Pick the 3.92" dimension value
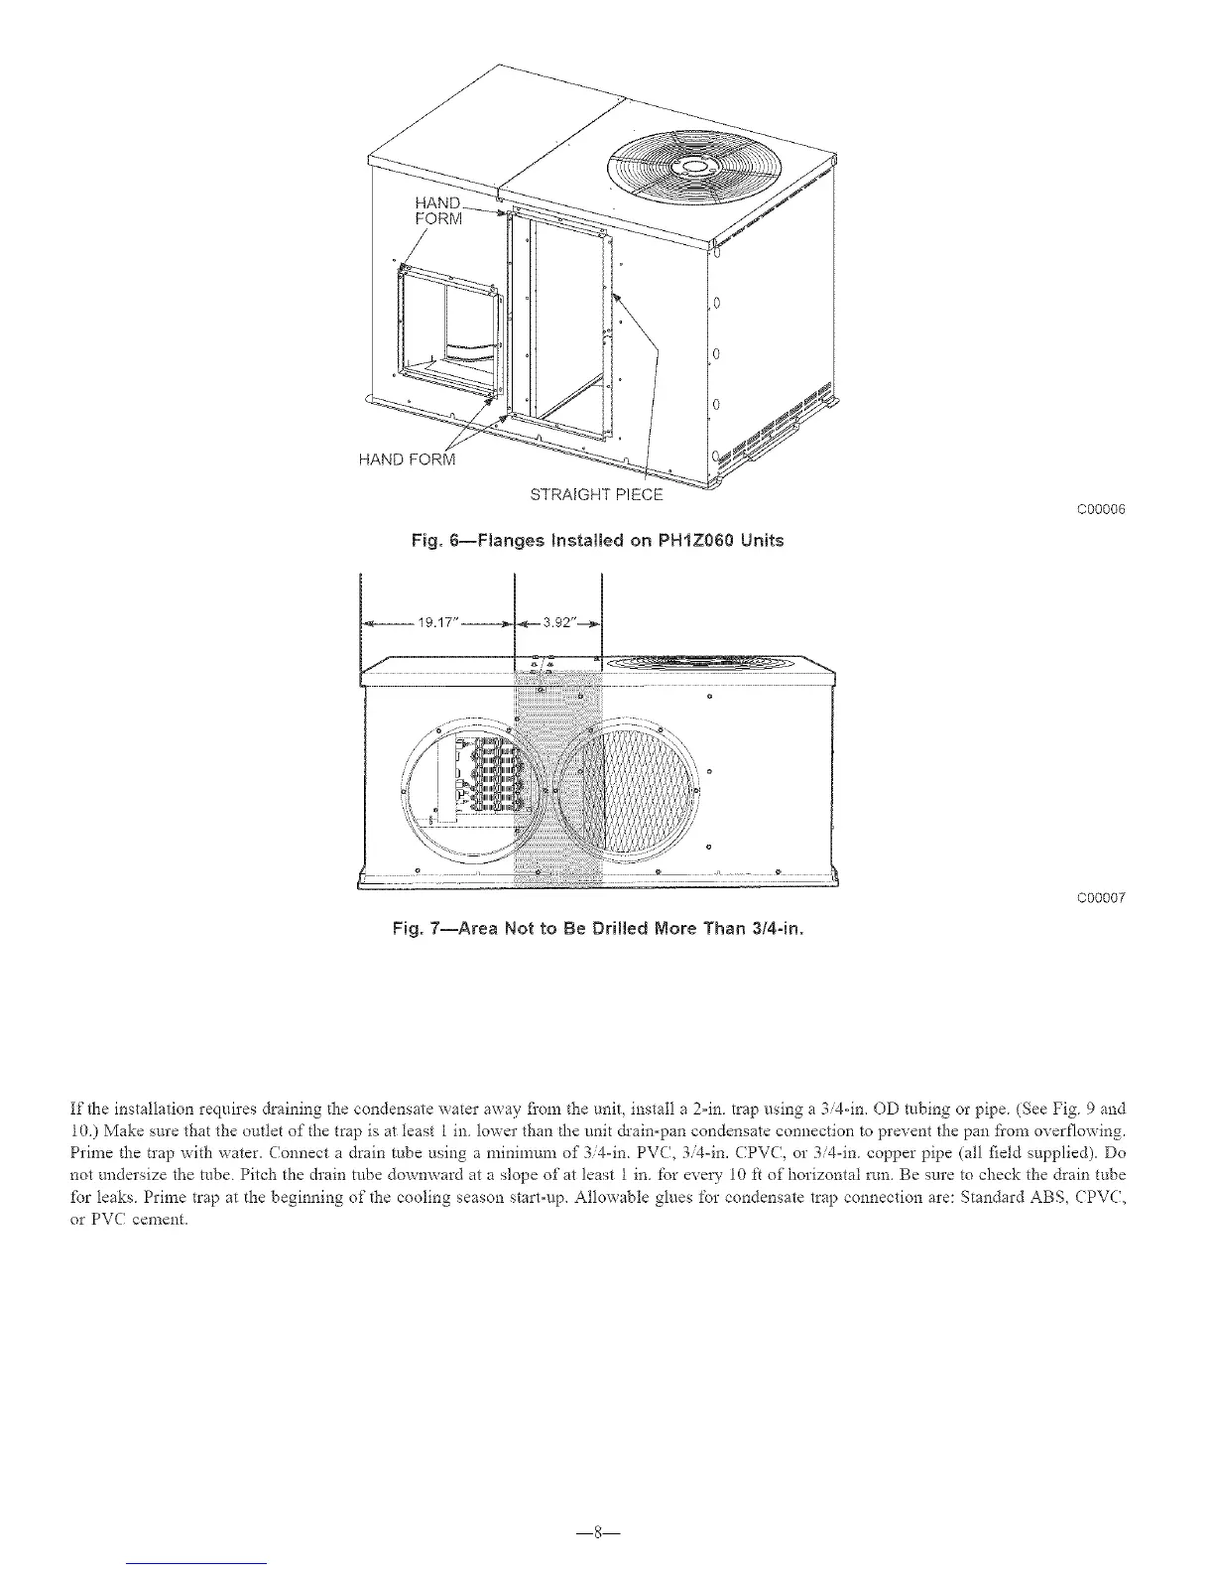point(558,623)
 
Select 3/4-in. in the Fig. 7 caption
point(767,930)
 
